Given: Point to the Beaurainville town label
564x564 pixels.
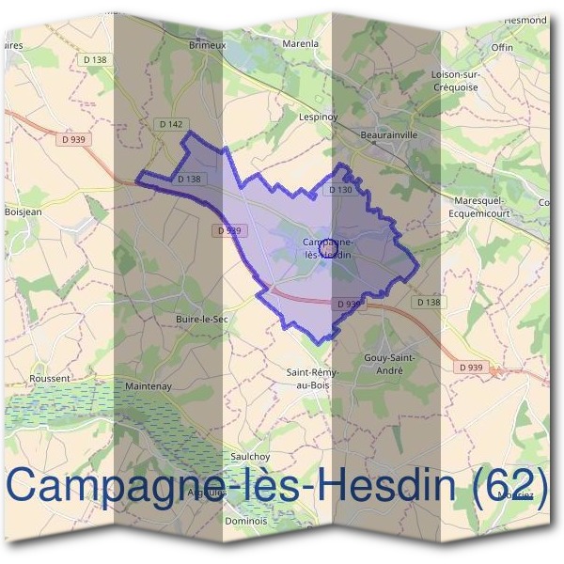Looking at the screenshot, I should click(389, 135).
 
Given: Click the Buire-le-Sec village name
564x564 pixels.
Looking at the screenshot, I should click(201, 320).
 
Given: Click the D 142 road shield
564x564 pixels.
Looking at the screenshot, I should click(170, 123).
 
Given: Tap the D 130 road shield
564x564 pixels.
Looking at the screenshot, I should click(340, 190).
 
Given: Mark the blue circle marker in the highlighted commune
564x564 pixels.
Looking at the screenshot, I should click(329, 249).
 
